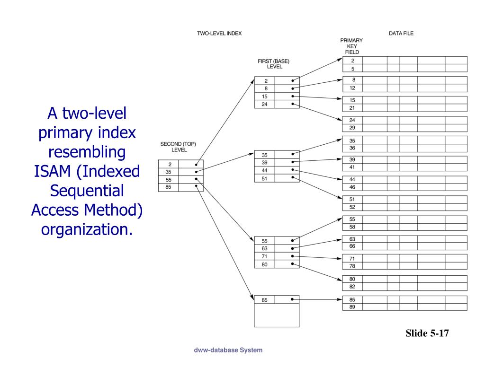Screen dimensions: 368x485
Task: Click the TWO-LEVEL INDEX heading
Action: pos(219,34)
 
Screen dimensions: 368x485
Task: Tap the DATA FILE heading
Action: pos(401,34)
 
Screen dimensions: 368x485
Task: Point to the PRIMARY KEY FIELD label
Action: pos(351,46)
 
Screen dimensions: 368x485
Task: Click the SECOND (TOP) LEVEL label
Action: pos(178,147)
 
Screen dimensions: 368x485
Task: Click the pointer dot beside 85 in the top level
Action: pos(196,187)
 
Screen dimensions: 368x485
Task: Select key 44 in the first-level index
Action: pos(265,170)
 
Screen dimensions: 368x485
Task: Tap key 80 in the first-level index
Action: pos(265,264)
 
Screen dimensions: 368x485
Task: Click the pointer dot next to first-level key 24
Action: pos(293,104)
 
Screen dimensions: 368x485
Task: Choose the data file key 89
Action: pos(352,307)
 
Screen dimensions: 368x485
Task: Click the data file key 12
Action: pos(352,88)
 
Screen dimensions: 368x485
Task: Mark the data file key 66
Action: pos(352,246)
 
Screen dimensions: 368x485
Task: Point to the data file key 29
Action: pos(352,128)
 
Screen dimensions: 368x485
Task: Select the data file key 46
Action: pos(352,187)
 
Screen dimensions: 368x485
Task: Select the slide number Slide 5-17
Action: pos(426,333)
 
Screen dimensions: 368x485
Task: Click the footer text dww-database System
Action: pos(228,350)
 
